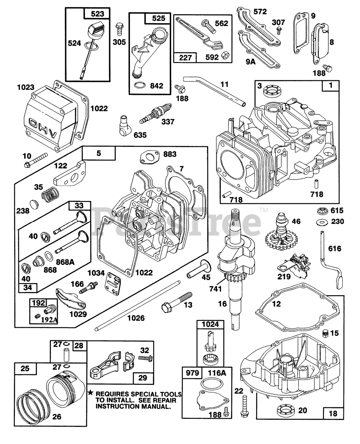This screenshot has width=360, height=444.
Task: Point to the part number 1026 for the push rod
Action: tap(135, 318)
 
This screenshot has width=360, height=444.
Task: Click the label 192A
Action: tap(49, 321)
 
